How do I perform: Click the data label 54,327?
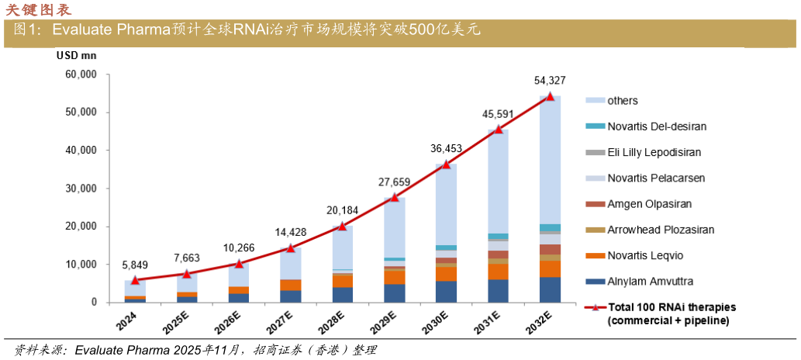point(550,80)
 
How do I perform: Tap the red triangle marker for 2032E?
point(550,96)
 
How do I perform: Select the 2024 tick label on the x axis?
point(131,320)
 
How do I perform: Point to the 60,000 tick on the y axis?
point(79,74)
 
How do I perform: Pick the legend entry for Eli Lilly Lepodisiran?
point(650,152)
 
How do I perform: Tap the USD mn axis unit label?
point(76,55)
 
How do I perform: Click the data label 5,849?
point(135,265)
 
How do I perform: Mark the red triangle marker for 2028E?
point(342,226)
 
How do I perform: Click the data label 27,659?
point(394,182)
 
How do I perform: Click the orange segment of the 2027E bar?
point(290,285)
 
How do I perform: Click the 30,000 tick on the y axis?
point(79,189)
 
